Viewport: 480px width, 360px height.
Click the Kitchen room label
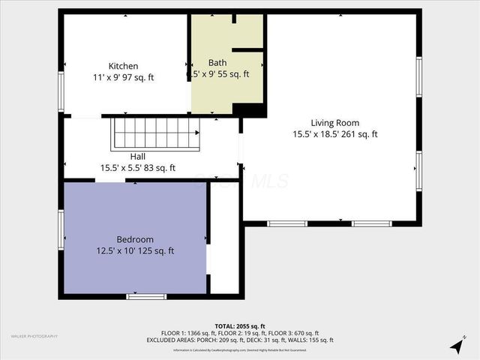[123, 66]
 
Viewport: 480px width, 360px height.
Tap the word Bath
[217, 63]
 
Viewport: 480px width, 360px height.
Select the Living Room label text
[335, 123]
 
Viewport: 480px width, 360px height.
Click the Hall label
[137, 157]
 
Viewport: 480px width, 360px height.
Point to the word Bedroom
[134, 239]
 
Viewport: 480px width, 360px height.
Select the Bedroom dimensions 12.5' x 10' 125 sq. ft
[135, 250]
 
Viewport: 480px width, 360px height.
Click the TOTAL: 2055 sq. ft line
[239, 326]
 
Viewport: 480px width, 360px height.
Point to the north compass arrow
[456, 345]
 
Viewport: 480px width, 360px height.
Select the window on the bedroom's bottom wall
[145, 296]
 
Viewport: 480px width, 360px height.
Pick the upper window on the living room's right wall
[418, 77]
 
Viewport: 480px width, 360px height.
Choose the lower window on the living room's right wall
[418, 171]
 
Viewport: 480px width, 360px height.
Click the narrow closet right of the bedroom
[224, 238]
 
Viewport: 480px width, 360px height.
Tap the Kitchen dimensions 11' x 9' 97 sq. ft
[123, 77]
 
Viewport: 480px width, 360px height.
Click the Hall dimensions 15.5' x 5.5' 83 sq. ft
[137, 168]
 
